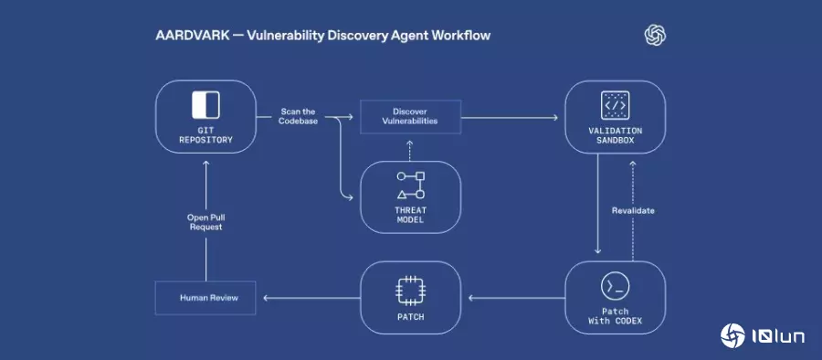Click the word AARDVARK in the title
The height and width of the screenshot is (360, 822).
click(185, 36)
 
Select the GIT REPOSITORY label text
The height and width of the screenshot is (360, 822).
click(205, 135)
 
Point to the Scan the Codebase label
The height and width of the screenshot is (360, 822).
click(298, 116)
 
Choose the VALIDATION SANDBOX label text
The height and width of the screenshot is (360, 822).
click(615, 136)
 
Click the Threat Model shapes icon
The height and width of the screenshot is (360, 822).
click(410, 185)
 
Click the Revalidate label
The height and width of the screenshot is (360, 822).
click(633, 211)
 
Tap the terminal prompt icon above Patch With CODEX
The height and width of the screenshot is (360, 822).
click(615, 286)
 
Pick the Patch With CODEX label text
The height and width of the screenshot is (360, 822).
click(615, 316)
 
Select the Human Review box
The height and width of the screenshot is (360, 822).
click(205, 297)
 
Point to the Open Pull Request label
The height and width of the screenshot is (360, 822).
click(205, 221)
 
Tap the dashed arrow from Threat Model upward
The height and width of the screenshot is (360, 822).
click(410, 150)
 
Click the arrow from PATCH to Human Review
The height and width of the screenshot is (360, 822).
click(310, 297)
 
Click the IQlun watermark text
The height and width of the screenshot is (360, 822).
click(777, 337)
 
